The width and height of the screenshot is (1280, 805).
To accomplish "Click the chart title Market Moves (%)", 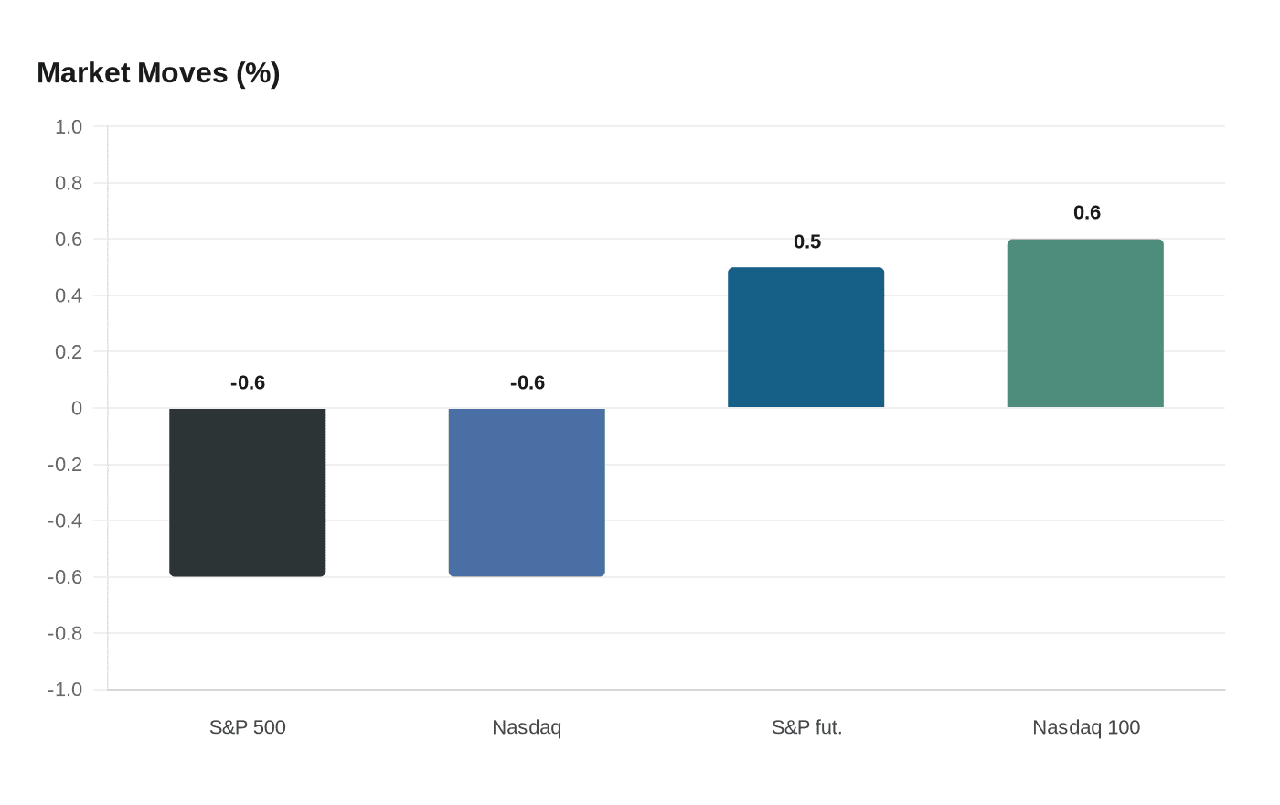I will pyautogui.click(x=158, y=73).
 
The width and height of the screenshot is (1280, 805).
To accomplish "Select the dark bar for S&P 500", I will pyautogui.click(x=248, y=492).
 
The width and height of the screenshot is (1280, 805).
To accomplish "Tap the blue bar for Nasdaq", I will pyautogui.click(x=527, y=492).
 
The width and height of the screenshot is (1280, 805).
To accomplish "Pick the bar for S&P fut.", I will pyautogui.click(x=806, y=338).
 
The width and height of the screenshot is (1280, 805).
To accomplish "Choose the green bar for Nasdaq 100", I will pyautogui.click(x=1085, y=324).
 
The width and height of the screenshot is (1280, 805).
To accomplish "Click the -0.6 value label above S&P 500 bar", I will pyautogui.click(x=248, y=383).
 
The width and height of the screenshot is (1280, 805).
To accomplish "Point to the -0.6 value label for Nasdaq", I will pyautogui.click(x=528, y=383).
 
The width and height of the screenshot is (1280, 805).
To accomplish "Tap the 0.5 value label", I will pyautogui.click(x=807, y=242).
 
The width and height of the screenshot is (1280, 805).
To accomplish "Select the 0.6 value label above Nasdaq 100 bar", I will pyautogui.click(x=1087, y=213).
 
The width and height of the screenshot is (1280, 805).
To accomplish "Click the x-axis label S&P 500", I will pyautogui.click(x=248, y=728).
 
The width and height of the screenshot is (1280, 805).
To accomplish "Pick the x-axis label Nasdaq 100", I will pyautogui.click(x=1086, y=728).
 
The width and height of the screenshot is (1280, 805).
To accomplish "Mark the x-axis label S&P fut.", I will pyautogui.click(x=806, y=728).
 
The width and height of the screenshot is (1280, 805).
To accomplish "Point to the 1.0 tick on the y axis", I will pyautogui.click(x=69, y=127).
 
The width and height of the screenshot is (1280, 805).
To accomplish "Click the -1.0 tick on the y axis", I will pyautogui.click(x=65, y=690).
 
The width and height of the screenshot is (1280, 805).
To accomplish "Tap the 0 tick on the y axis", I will pyautogui.click(x=77, y=409).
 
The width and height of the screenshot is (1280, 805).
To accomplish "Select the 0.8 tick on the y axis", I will pyautogui.click(x=69, y=184).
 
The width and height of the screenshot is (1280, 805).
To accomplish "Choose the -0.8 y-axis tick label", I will pyautogui.click(x=65, y=634).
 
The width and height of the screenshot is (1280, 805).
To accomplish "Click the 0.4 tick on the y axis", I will pyautogui.click(x=69, y=296).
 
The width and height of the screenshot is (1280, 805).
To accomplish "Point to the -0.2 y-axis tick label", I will pyautogui.click(x=65, y=465).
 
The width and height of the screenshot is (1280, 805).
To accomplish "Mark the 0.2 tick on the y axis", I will pyautogui.click(x=69, y=352).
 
